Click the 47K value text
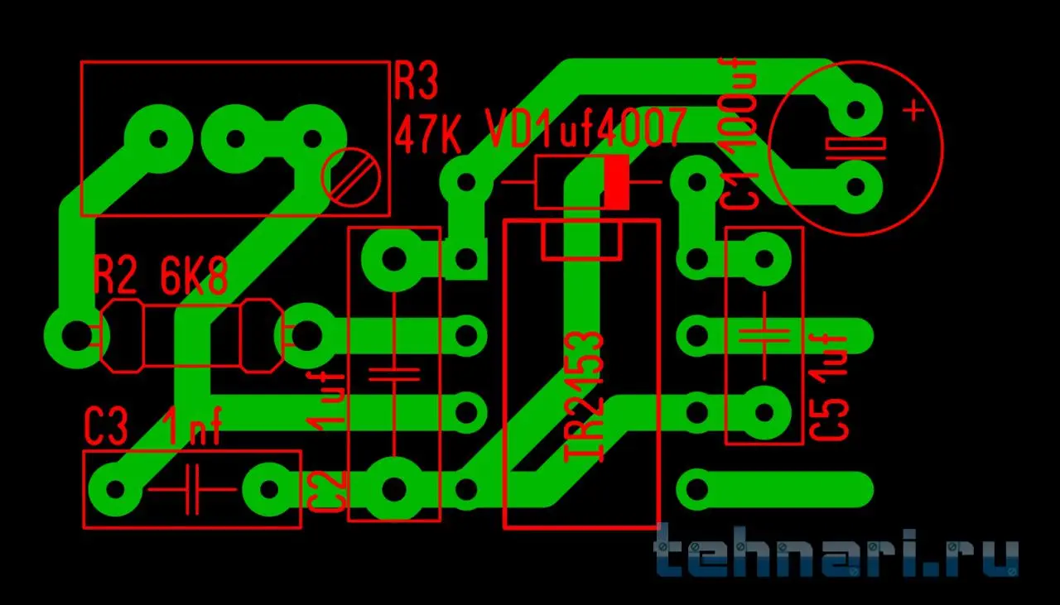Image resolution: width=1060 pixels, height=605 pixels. [427, 132]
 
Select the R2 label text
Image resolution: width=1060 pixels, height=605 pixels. [114, 278]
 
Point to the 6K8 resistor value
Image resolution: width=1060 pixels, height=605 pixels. [194, 278]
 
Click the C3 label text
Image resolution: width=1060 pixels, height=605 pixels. [107, 427]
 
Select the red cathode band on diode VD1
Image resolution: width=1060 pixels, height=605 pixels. [616, 182]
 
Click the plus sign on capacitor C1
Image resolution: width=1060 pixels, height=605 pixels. [913, 109]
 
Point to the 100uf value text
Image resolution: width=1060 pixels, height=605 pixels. [740, 103]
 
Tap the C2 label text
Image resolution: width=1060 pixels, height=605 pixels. [325, 492]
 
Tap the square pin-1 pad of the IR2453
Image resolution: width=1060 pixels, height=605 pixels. [466, 259]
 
